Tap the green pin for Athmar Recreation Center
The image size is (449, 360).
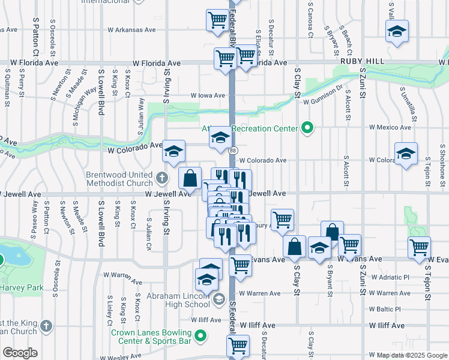[307, 128]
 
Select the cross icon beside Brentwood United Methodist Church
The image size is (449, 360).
[161, 178]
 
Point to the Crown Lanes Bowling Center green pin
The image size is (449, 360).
[202, 336]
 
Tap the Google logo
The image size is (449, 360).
[20, 352]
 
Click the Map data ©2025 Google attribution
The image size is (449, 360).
[412, 355]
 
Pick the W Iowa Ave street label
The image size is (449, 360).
[208, 95]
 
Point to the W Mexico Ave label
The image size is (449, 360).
[390, 127]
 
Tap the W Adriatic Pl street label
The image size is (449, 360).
[390, 277]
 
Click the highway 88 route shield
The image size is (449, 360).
[232, 151]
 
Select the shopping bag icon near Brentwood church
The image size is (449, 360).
[190, 178]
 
